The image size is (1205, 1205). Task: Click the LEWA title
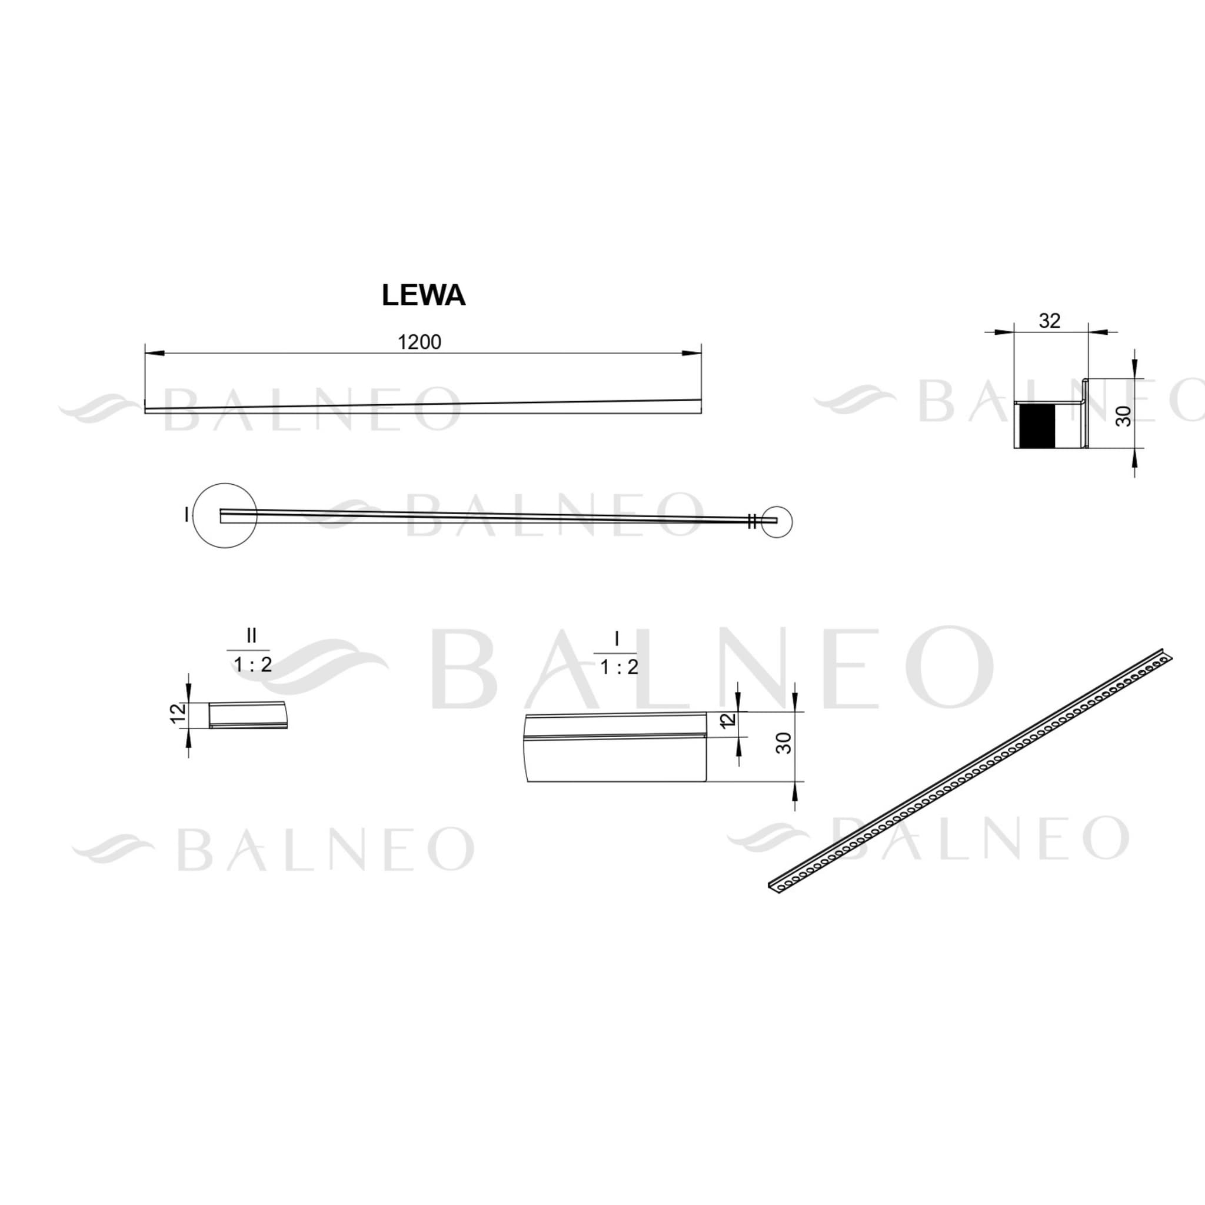pos(424,297)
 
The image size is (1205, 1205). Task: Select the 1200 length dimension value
pos(420,342)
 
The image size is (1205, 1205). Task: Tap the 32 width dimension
pos(1050,321)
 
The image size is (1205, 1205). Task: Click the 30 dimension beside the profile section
pos(1123,416)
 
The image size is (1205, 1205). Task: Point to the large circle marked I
pos(225,516)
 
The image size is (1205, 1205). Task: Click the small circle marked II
pos(777,521)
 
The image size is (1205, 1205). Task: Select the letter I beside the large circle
pos(186,515)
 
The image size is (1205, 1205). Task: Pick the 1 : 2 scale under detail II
pos(252,665)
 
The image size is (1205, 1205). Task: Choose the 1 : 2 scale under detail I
pos(620,667)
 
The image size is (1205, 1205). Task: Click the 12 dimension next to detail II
pos(178,713)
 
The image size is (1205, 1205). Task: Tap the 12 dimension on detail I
pos(727,721)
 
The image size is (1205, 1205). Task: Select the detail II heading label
pos(251,635)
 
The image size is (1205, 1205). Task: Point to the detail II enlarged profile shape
pos(248,715)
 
